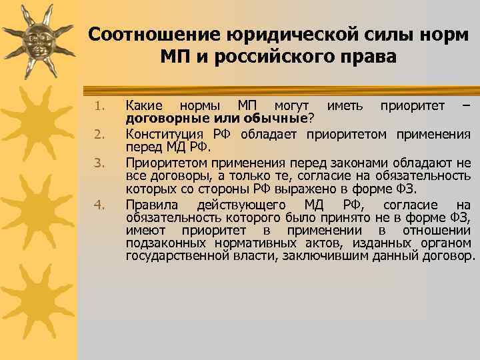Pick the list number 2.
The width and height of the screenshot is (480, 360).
coord(99,135)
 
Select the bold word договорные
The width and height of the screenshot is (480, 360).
coord(157,118)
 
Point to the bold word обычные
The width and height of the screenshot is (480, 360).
coord(275,118)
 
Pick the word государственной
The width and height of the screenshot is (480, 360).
coord(177,255)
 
